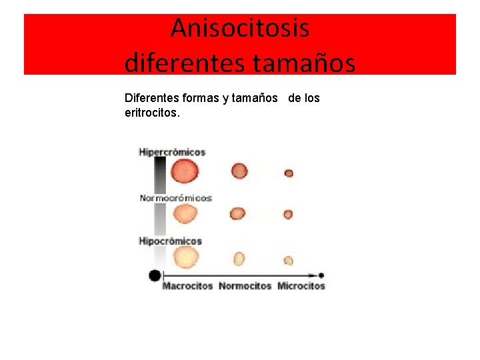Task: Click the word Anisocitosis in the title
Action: (x=240, y=29)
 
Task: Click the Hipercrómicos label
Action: (x=172, y=152)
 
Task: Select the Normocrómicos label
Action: (x=175, y=198)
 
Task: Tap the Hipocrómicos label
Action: (x=170, y=241)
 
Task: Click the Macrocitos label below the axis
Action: (x=187, y=286)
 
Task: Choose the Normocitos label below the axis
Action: (x=245, y=286)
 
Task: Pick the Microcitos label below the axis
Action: (x=301, y=286)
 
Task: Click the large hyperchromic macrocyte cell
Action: (x=185, y=171)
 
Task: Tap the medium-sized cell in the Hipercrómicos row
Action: (x=239, y=171)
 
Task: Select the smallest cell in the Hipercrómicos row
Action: (x=289, y=173)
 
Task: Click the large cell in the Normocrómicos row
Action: (x=185, y=214)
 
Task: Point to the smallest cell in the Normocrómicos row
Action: (x=288, y=215)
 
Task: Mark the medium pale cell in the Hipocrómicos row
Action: (x=239, y=259)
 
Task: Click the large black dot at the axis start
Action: (x=155, y=275)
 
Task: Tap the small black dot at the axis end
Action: (x=321, y=275)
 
